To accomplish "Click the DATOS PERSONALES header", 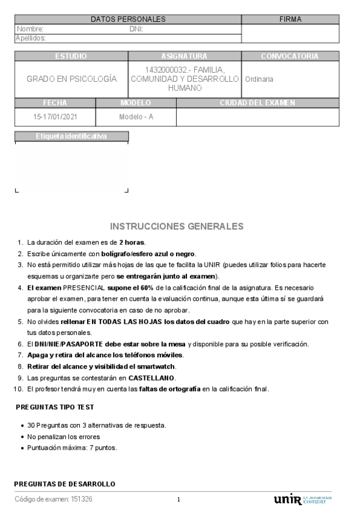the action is coord(127,19).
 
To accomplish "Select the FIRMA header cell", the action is coord(290,19).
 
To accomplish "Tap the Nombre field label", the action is coord(30,29).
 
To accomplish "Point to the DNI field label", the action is coord(136,29).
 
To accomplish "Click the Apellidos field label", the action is coord(31,38).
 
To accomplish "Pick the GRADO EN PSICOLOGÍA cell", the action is coord(72,79).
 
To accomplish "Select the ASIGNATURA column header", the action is coord(185,56).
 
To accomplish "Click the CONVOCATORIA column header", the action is coord(290,56).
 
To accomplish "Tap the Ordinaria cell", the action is coord(259,79).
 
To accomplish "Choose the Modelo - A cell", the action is coord(136,117).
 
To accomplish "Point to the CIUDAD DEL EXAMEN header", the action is coord(257,103).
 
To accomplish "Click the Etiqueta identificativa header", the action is coord(72,136).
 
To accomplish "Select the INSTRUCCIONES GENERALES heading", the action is coord(177,226).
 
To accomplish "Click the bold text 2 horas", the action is coord(132,242).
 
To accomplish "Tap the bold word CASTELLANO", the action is coord(151,378).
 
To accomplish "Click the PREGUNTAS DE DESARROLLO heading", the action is coord(64,484).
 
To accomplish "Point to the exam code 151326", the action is coord(82,499).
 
